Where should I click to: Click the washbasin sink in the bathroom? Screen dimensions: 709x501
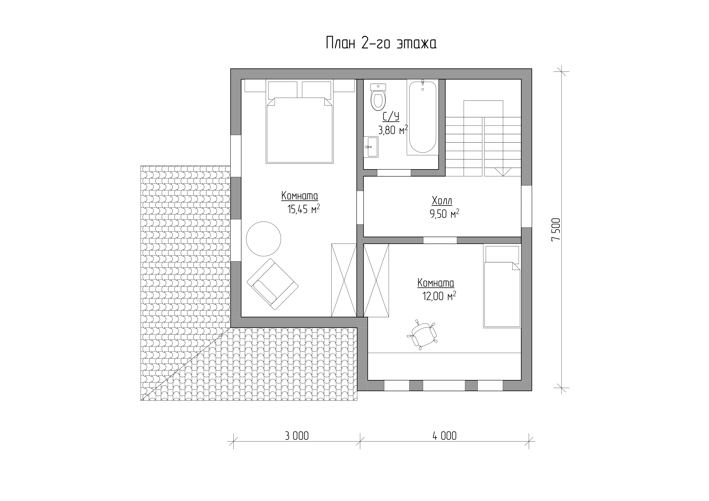[371, 147]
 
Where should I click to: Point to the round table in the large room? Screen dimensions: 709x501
[263, 239]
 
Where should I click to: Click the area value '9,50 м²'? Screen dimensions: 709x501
[444, 213]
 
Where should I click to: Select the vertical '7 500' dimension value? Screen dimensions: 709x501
[556, 230]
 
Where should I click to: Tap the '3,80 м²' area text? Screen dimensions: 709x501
[393, 130]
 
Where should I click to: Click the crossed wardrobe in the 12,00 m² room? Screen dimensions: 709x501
[376, 280]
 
